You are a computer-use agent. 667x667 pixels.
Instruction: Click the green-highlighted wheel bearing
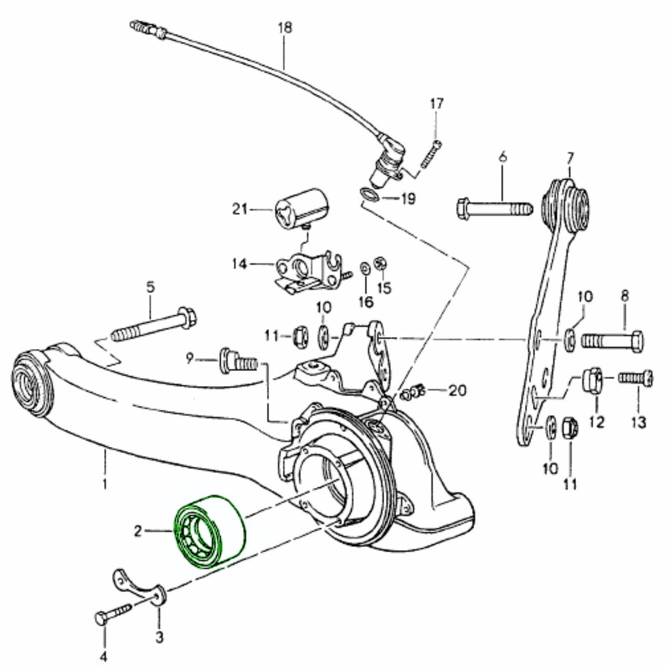click(210, 531)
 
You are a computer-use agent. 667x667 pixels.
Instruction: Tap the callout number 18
click(285, 28)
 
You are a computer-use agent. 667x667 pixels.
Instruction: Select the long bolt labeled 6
click(495, 209)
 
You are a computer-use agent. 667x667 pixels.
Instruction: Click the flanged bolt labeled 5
click(155, 324)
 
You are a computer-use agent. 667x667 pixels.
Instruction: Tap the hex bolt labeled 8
click(612, 341)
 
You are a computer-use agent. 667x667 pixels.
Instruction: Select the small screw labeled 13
click(636, 378)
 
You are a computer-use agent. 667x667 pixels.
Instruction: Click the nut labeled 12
click(592, 380)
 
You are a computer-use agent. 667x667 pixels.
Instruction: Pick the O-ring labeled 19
click(369, 194)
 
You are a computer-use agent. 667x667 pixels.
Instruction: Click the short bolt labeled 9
click(239, 362)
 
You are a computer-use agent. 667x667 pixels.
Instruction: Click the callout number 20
click(457, 390)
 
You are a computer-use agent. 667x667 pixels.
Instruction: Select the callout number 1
click(104, 484)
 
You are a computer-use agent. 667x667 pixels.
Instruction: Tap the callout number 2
click(138, 531)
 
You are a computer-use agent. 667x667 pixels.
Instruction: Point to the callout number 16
click(366, 302)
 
